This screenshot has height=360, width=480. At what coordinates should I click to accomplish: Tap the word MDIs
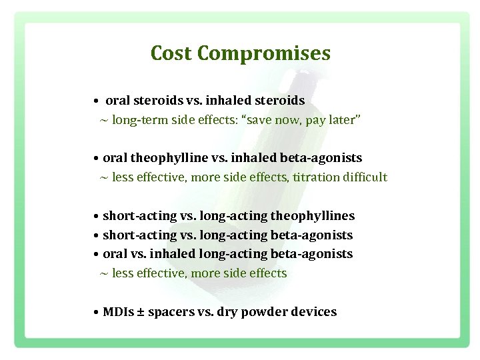point(119,312)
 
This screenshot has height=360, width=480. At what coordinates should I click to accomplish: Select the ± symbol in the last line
point(141,312)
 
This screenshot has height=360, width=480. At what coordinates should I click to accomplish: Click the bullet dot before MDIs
point(97,313)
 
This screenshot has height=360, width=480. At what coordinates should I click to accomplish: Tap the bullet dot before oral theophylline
point(97,159)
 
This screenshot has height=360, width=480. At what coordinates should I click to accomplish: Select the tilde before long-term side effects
point(103,121)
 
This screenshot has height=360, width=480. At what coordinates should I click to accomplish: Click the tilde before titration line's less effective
point(103,178)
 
